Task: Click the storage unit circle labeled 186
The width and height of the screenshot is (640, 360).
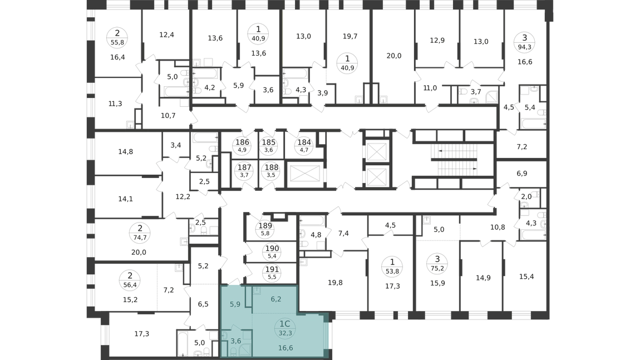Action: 242,145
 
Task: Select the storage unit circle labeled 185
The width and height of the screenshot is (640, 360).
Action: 269,145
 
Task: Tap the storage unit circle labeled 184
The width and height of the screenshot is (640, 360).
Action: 304,145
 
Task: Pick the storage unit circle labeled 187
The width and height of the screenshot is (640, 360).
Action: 244,171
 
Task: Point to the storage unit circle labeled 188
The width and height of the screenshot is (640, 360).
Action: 272,171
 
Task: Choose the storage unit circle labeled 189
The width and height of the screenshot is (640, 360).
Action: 265,229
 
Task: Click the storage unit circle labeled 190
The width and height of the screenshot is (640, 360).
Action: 272,252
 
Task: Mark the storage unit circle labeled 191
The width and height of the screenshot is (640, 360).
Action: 272,273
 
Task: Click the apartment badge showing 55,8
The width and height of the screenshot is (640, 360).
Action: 117,37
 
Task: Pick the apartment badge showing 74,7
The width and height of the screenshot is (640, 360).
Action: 140,233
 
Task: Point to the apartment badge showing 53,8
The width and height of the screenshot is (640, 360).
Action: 392,266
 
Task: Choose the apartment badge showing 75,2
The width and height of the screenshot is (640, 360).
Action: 437,263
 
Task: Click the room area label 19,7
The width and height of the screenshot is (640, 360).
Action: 350,36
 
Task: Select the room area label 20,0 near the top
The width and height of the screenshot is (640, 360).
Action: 394,56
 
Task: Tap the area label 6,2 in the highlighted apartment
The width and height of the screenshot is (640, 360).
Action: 276,299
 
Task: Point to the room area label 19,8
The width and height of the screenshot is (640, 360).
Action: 335,283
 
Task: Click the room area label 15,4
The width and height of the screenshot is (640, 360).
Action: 526,277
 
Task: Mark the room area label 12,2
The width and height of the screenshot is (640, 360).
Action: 183,197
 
